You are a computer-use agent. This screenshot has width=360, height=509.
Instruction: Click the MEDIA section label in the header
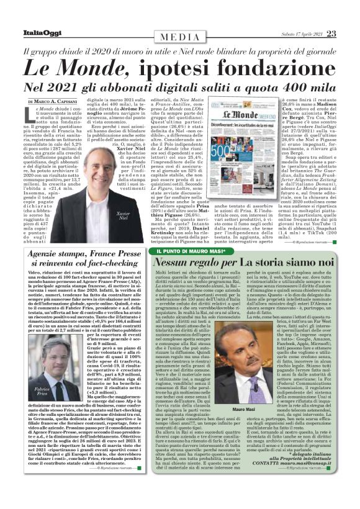(181, 16)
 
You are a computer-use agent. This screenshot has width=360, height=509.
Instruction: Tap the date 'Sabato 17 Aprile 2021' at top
(295, 16)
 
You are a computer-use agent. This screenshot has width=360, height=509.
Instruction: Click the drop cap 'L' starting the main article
(33, 114)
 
